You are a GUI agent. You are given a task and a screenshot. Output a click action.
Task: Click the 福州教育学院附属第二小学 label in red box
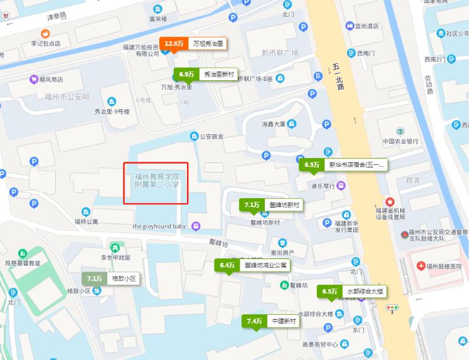156,181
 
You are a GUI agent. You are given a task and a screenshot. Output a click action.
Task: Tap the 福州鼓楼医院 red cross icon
420,266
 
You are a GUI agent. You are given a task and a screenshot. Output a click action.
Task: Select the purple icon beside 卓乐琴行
340,185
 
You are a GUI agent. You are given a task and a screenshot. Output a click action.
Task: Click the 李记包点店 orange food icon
45,34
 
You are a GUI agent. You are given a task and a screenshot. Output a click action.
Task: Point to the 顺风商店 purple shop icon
33,80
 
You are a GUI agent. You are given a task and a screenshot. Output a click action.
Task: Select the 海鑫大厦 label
273,124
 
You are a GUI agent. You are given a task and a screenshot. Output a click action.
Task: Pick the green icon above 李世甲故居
115,247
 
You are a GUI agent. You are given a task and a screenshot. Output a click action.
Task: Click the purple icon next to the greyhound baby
196,226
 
